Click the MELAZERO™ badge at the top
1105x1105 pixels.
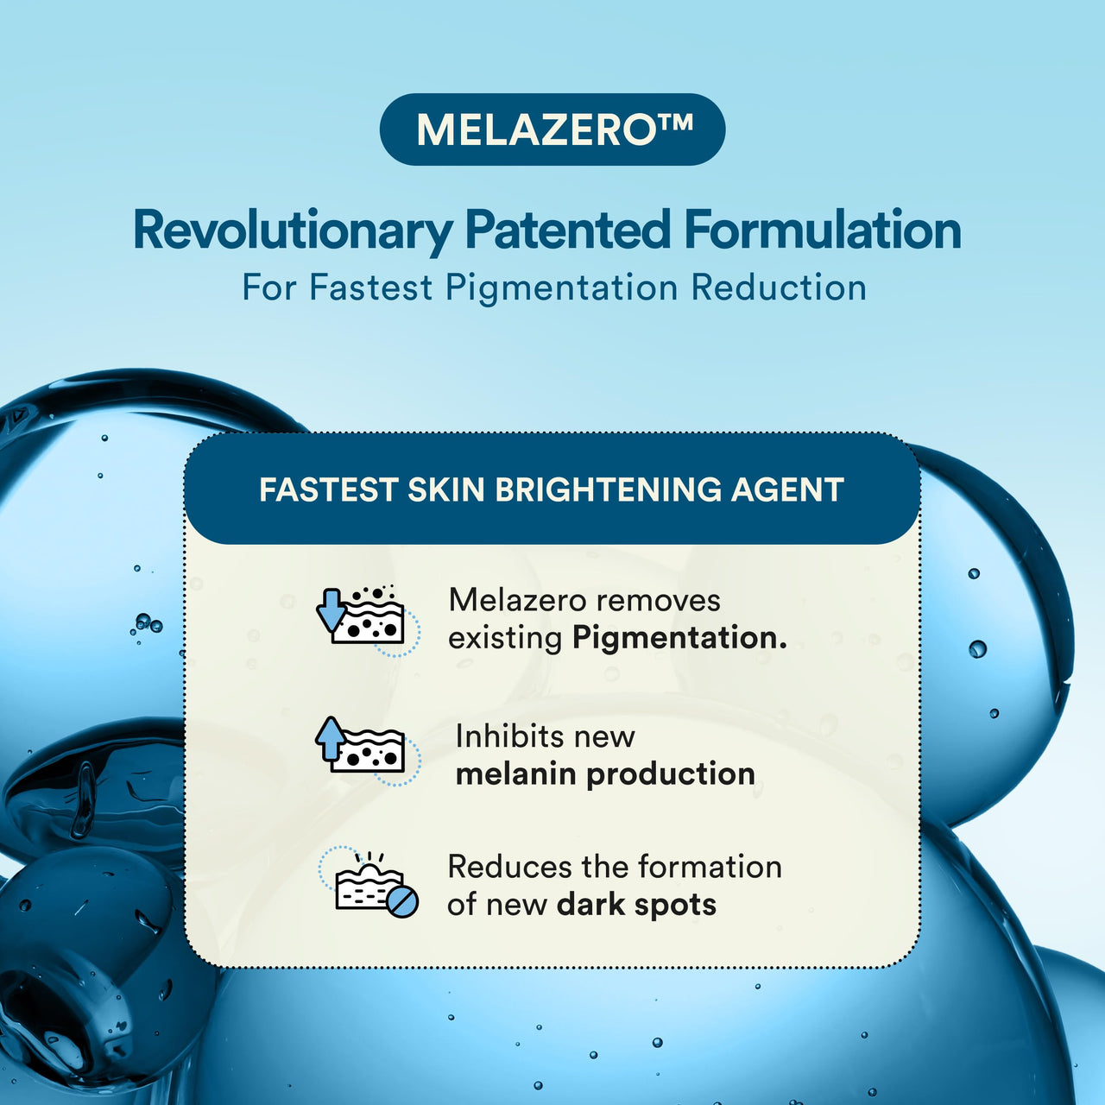[552, 129]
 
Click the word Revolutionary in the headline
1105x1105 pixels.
[293, 231]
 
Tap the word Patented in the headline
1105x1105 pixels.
[567, 230]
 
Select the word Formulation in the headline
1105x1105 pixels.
[823, 230]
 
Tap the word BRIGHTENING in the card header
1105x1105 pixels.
[607, 489]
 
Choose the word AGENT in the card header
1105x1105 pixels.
[786, 489]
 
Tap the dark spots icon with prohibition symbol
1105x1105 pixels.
[369, 882]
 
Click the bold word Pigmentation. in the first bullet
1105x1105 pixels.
[679, 638]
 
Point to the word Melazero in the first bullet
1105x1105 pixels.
[517, 600]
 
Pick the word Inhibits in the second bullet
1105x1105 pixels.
[505, 736]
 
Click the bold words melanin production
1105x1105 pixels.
[605, 774]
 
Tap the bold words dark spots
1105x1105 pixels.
[636, 905]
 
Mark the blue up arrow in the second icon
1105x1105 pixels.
[331, 739]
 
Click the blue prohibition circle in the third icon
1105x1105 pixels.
[402, 901]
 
